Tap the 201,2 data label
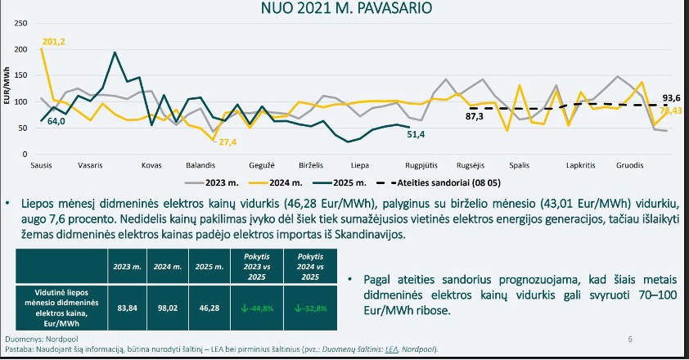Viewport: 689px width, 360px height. (x=53, y=42)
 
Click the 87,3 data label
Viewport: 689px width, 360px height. (x=475, y=117)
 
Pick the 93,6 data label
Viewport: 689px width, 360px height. (x=672, y=97)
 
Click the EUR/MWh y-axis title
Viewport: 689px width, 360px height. (x=7, y=88)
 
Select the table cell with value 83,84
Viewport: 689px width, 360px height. (x=127, y=308)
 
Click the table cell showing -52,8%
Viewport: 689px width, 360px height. (x=304, y=308)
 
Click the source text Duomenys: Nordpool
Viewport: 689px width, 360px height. (x=39, y=338)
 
